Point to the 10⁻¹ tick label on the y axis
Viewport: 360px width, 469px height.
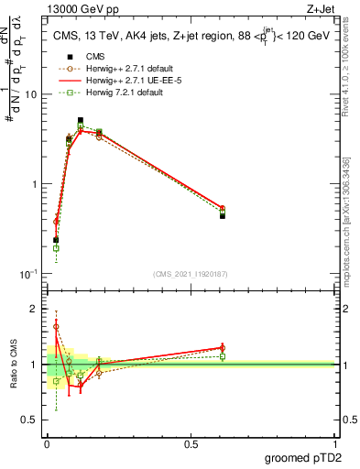tap(30, 274)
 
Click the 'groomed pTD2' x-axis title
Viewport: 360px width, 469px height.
tap(303, 457)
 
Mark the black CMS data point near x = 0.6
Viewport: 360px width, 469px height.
tap(223, 216)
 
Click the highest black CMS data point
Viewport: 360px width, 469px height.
tap(81, 120)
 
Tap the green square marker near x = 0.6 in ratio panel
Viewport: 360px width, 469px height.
tap(223, 356)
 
